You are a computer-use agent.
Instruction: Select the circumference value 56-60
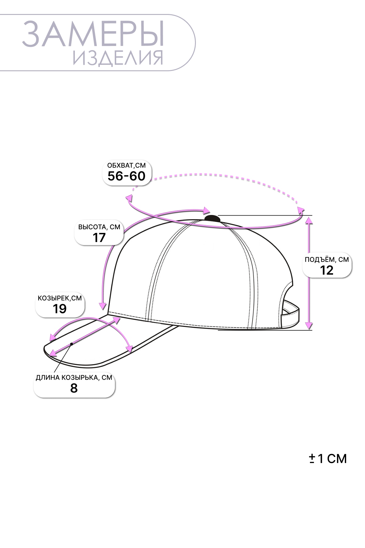[127, 176]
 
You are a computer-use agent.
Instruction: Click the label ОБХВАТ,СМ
[127, 165]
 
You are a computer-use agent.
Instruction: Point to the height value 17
[99, 238]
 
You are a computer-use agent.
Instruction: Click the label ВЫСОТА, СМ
[99, 227]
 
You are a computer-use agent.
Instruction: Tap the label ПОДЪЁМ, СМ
[327, 260]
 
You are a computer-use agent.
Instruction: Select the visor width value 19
[60, 309]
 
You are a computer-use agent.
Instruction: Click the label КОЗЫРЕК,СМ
[60, 298]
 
